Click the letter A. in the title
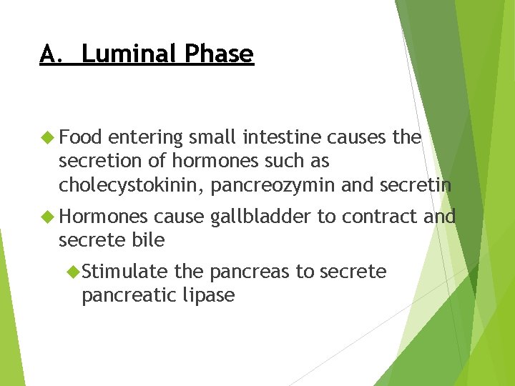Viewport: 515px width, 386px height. (52, 54)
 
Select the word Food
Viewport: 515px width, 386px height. (81, 137)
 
